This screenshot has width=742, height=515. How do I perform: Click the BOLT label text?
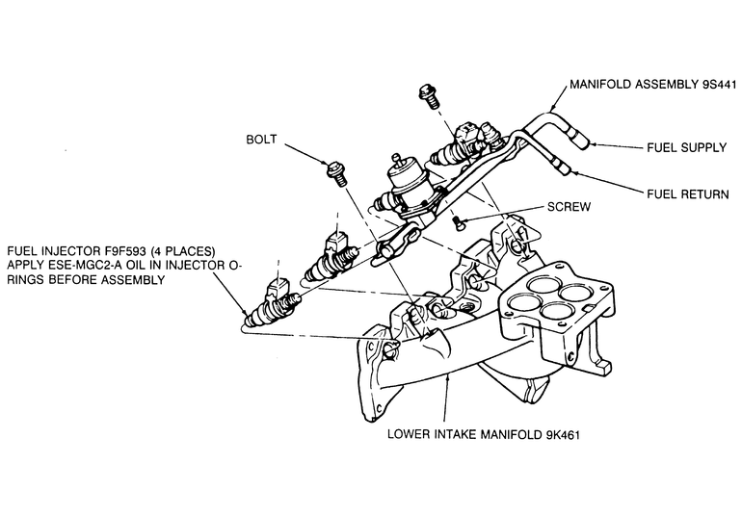(x=260, y=141)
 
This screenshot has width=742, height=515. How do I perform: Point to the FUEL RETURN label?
(x=686, y=194)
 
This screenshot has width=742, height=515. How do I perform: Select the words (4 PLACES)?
(x=192, y=247)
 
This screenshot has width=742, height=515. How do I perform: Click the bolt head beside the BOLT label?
(x=337, y=171)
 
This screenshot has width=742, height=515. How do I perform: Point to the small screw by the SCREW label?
(x=459, y=223)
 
